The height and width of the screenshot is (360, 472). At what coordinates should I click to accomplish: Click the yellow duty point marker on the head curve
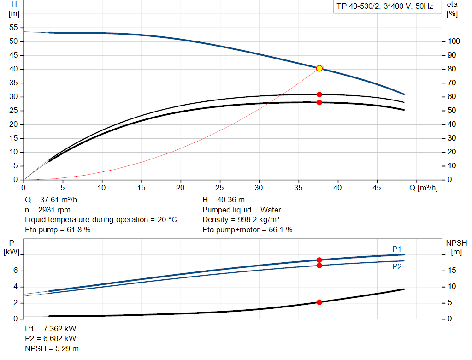(319, 68)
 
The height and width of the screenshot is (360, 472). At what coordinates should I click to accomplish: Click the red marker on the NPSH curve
(319, 302)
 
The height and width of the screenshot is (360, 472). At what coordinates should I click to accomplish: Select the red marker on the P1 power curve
(319, 260)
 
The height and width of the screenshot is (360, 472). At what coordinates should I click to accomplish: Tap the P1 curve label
(397, 249)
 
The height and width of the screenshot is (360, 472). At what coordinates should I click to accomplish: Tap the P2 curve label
(397, 266)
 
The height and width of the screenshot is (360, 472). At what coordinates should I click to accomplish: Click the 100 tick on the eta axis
(454, 41)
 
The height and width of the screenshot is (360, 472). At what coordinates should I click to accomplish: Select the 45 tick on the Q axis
(377, 188)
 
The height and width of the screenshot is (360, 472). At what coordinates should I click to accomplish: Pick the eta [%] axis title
(452, 9)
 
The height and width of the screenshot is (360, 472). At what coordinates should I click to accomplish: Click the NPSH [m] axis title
(456, 247)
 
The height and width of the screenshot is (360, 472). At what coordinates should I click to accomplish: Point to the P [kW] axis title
(12, 247)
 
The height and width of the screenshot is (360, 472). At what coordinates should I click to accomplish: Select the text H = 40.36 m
(224, 200)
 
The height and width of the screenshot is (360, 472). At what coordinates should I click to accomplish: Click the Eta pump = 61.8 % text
(58, 230)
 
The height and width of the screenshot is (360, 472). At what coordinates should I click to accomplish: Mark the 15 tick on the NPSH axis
(452, 271)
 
